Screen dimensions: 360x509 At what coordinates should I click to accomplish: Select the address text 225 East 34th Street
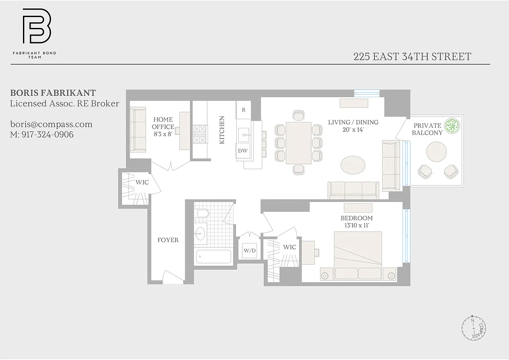click(x=412, y=57)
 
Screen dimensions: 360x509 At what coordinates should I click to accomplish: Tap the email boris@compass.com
click(x=51, y=124)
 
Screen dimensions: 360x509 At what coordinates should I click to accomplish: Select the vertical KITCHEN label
click(x=221, y=130)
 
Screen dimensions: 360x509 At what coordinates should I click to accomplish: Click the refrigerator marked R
click(x=243, y=110)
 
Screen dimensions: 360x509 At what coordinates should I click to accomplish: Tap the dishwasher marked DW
click(x=243, y=151)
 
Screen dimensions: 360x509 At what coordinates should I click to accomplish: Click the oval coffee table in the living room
click(x=354, y=165)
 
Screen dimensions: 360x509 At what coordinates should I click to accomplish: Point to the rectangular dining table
click(x=298, y=143)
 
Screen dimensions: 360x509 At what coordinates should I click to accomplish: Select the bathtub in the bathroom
click(x=214, y=257)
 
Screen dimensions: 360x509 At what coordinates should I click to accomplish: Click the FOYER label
click(x=168, y=240)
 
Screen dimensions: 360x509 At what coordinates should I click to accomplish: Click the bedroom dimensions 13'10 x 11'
click(x=356, y=225)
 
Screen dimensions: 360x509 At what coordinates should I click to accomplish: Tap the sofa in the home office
click(x=138, y=129)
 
